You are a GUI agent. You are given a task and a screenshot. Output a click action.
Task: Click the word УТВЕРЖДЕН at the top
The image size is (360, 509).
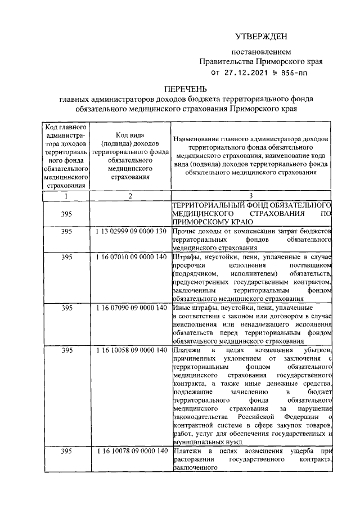[x=260, y=37]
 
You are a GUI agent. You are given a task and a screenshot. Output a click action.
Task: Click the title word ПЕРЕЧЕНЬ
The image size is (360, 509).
[x=186, y=88]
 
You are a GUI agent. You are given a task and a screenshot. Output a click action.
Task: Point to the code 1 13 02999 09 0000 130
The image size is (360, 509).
[x=130, y=231]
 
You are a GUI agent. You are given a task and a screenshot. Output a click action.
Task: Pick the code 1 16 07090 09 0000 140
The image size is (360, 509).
[x=130, y=308]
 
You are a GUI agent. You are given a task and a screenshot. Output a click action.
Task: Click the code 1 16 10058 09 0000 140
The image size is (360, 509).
[x=130, y=350]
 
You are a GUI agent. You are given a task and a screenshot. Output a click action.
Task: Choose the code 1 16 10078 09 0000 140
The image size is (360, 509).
[x=130, y=452]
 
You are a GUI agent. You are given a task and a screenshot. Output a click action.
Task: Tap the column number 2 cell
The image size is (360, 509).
[x=130, y=196]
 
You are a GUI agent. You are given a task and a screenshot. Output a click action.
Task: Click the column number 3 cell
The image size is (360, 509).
[x=251, y=196]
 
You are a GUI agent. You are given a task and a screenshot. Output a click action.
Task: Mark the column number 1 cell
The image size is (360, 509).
[x=66, y=196]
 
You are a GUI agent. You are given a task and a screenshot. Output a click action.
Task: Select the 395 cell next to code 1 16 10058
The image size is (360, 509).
[x=66, y=350]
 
